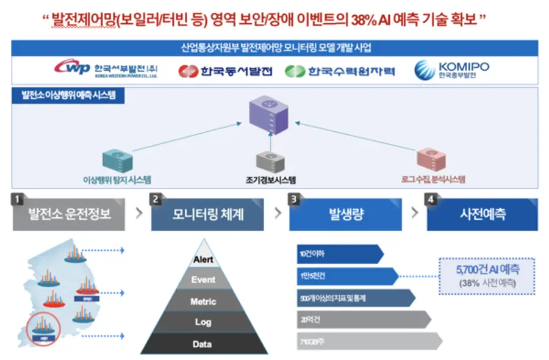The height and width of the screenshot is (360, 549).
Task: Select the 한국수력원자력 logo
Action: pyautogui.click(x=339, y=71)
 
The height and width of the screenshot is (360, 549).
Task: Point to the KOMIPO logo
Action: pyautogui.click(x=451, y=70)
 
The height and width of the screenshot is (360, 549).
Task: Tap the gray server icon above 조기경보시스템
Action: pyautogui.click(x=268, y=162)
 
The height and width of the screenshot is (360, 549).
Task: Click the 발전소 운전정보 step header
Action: pyautogui.click(x=69, y=215)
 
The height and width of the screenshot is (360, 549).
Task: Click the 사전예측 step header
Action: pyautogui.click(x=483, y=215)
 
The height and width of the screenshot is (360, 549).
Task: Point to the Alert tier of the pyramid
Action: pyautogui.click(x=203, y=259)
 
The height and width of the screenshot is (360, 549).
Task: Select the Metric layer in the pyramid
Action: pyautogui.click(x=203, y=301)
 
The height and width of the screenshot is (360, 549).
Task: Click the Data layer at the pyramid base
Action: pyautogui.click(x=203, y=344)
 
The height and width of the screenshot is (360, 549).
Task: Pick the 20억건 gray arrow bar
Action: pyautogui.click(x=360, y=319)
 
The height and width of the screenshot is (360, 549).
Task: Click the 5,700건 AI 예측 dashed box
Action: pyautogui.click(x=486, y=273)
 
